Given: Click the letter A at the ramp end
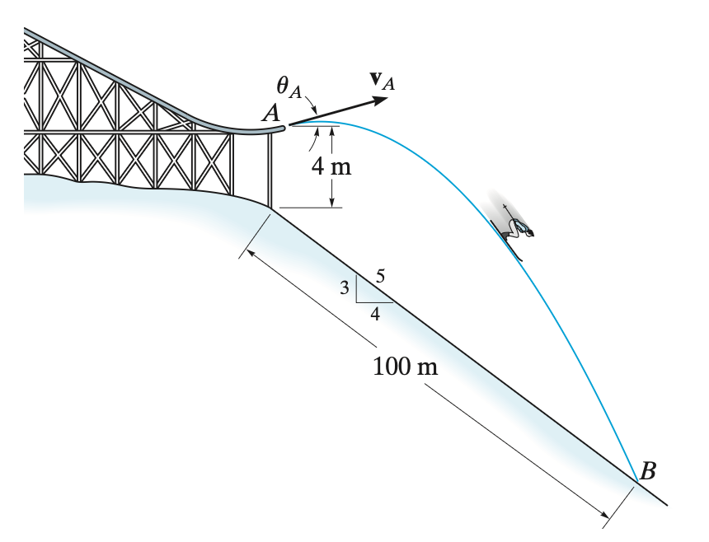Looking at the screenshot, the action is tap(271, 113).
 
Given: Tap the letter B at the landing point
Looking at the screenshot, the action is tap(648, 470).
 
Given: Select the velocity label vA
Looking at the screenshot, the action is tap(382, 82).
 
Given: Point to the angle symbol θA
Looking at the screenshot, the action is tap(289, 86).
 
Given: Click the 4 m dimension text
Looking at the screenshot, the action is tap(331, 166).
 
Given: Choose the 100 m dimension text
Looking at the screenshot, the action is tap(405, 366).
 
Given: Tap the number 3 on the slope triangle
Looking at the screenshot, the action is tap(345, 287).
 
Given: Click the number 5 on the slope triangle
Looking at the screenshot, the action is tap(380, 275).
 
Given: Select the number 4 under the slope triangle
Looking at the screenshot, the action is tap(375, 314).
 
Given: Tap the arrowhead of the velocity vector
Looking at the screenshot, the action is tap(379, 100).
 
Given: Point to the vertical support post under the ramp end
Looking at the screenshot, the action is tap(270, 170).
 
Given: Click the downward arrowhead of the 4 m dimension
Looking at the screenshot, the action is tap(332, 203).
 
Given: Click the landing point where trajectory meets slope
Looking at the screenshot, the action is tap(637, 482).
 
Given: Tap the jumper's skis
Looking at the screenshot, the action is tap(506, 241).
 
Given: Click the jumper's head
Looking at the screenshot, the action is tap(529, 232).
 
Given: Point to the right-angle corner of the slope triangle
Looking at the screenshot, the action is tap(356, 302).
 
